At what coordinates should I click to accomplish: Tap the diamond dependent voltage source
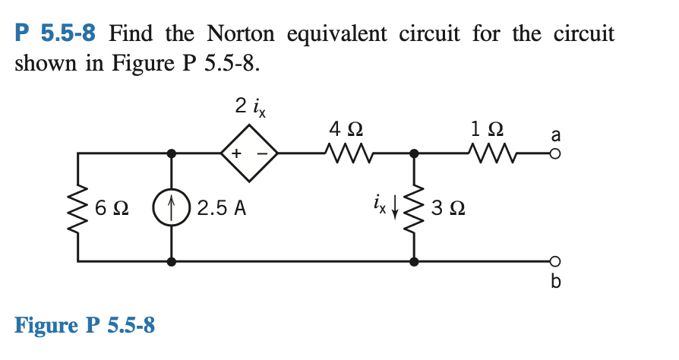pos(248,153)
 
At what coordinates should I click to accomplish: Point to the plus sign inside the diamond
pos(236,153)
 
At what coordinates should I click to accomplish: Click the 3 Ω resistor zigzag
pos(414,207)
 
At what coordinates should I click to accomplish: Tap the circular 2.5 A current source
pos(172,207)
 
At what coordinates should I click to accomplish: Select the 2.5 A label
pos(221,207)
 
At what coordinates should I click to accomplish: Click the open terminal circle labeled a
pos(554,153)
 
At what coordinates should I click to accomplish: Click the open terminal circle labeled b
pos(554,261)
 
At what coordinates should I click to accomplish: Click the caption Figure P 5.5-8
pos(85,326)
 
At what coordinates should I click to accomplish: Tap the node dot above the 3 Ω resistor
pos(414,153)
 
